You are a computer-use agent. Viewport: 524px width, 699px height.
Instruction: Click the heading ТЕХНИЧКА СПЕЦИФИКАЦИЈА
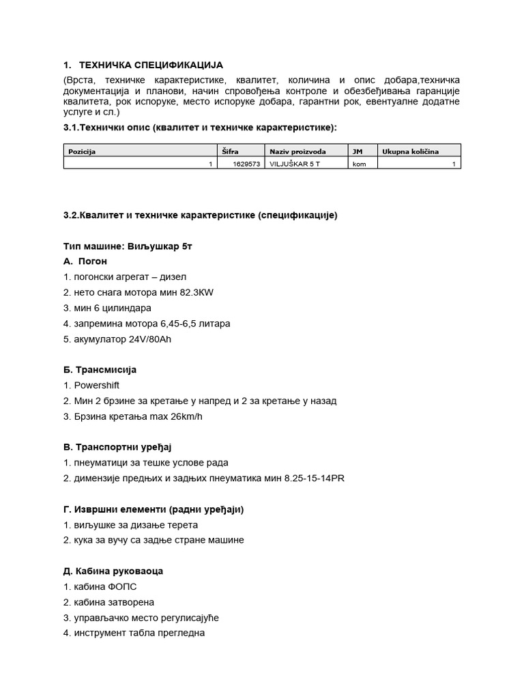pos(151,66)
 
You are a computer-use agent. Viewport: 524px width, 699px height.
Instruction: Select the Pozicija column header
pos(81,152)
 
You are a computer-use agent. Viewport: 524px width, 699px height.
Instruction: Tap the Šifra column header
pos(230,152)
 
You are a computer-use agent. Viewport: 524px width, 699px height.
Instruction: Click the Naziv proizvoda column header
pos(297,152)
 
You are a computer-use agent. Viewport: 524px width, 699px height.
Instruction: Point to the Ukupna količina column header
pos(410,152)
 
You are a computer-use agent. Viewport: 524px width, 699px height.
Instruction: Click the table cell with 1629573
pos(246,164)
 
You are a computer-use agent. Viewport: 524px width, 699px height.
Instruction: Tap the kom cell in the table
pos(359,164)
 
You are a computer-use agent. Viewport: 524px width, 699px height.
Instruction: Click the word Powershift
pos(96,385)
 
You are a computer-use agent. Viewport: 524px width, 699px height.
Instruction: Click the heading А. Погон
pos(85,261)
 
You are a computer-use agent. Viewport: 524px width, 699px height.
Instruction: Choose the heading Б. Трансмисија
pos(100,369)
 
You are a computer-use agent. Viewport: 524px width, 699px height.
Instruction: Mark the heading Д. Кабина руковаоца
pos(113,571)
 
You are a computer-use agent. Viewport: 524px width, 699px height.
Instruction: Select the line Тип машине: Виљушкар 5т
pos(128,246)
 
